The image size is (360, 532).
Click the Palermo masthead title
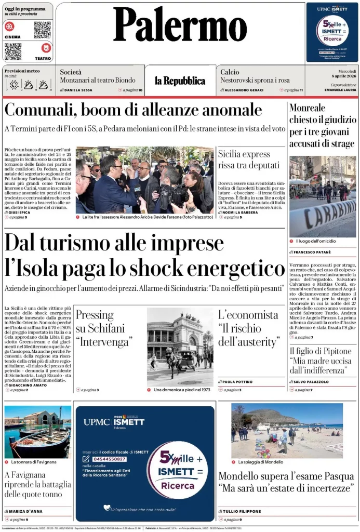[x=180, y=26]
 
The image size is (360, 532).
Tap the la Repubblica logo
[x=180, y=81]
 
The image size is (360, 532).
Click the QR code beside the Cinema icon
[x=42, y=30]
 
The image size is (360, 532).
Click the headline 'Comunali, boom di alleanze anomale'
[x=133, y=110]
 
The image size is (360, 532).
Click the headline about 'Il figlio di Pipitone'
[x=320, y=361]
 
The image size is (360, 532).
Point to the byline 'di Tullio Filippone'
[x=239, y=511]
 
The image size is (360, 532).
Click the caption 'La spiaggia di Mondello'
[x=260, y=462]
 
